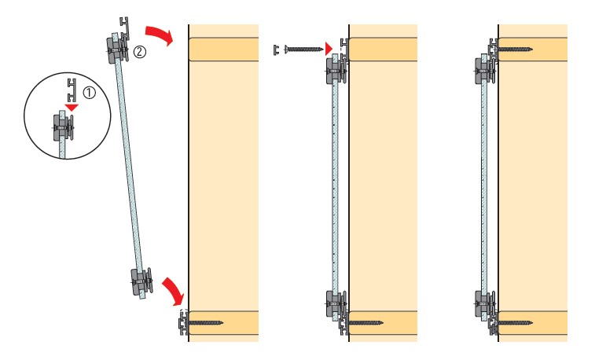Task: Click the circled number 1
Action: (x=90, y=93)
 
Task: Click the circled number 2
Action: (x=140, y=52)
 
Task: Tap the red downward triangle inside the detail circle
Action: (x=72, y=107)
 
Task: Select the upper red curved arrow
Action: (x=160, y=35)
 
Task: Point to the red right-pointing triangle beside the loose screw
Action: (x=329, y=49)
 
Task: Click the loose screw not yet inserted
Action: (x=303, y=49)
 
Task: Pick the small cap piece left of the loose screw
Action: (x=276, y=50)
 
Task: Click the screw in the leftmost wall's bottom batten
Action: (x=205, y=322)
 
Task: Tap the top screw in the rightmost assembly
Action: (x=515, y=49)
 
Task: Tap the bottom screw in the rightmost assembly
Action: (x=515, y=322)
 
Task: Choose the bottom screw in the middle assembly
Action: (x=365, y=322)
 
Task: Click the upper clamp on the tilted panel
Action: (x=116, y=49)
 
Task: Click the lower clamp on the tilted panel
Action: (x=141, y=282)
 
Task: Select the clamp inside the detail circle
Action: (x=63, y=127)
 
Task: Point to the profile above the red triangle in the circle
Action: (x=71, y=90)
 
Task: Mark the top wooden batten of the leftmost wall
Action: (x=224, y=49)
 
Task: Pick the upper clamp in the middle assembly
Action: (x=336, y=71)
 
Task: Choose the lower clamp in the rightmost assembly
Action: (x=485, y=305)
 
